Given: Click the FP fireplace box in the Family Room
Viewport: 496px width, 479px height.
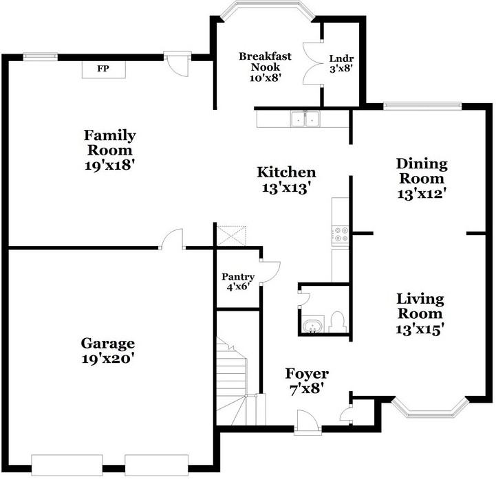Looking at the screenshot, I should pyautogui.click(x=103, y=69).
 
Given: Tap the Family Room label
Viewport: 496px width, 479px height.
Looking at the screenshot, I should pyautogui.click(x=110, y=150).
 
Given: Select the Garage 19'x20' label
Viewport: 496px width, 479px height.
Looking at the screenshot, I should pyautogui.click(x=107, y=350).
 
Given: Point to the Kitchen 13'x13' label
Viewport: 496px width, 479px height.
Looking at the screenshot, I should pyautogui.click(x=286, y=179).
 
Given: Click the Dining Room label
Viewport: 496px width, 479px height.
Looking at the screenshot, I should pyautogui.click(x=422, y=178).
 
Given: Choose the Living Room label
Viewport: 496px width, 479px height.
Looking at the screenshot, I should pyautogui.click(x=420, y=314).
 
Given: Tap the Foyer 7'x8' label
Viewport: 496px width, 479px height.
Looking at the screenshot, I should pyautogui.click(x=307, y=381).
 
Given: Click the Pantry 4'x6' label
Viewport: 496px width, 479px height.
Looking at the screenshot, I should pyautogui.click(x=238, y=282).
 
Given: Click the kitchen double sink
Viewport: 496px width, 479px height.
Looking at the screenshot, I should pyautogui.click(x=305, y=120).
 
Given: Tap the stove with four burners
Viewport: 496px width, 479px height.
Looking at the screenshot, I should pyautogui.click(x=341, y=235).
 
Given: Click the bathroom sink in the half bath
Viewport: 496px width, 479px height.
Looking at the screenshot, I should pyautogui.click(x=313, y=326).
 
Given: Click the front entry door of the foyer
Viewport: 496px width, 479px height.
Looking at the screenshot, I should pyautogui.click(x=307, y=419).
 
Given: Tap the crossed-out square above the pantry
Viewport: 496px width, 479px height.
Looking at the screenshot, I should pyautogui.click(x=231, y=236).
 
